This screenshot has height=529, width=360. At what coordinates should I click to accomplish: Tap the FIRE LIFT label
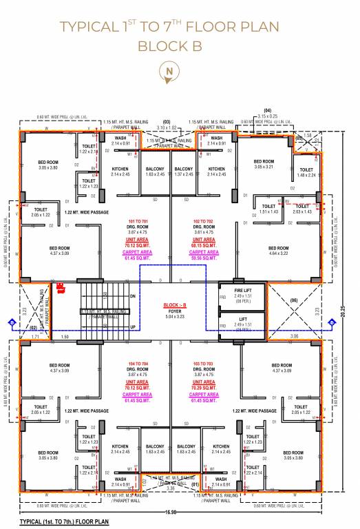tap(236, 291)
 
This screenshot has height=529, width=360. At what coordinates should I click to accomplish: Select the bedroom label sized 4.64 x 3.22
tap(279, 251)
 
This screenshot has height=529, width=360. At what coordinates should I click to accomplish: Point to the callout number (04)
tap(267, 111)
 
